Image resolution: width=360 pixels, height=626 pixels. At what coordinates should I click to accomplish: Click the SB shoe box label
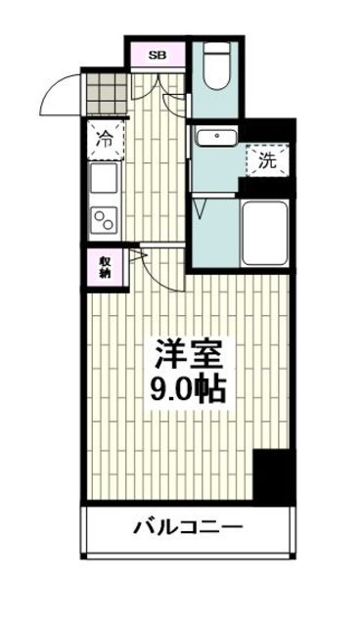[157, 56]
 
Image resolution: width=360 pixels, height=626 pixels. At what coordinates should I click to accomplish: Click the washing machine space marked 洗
[267, 161]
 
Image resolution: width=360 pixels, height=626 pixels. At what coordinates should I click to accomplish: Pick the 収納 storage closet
[105, 267]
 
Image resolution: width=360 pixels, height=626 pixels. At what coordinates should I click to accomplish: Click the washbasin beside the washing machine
[214, 137]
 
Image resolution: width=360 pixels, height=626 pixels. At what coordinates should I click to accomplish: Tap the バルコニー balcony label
[186, 529]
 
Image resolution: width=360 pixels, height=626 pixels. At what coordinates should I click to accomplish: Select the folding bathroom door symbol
[202, 207]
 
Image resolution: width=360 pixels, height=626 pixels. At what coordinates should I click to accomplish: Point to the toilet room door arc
[176, 103]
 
